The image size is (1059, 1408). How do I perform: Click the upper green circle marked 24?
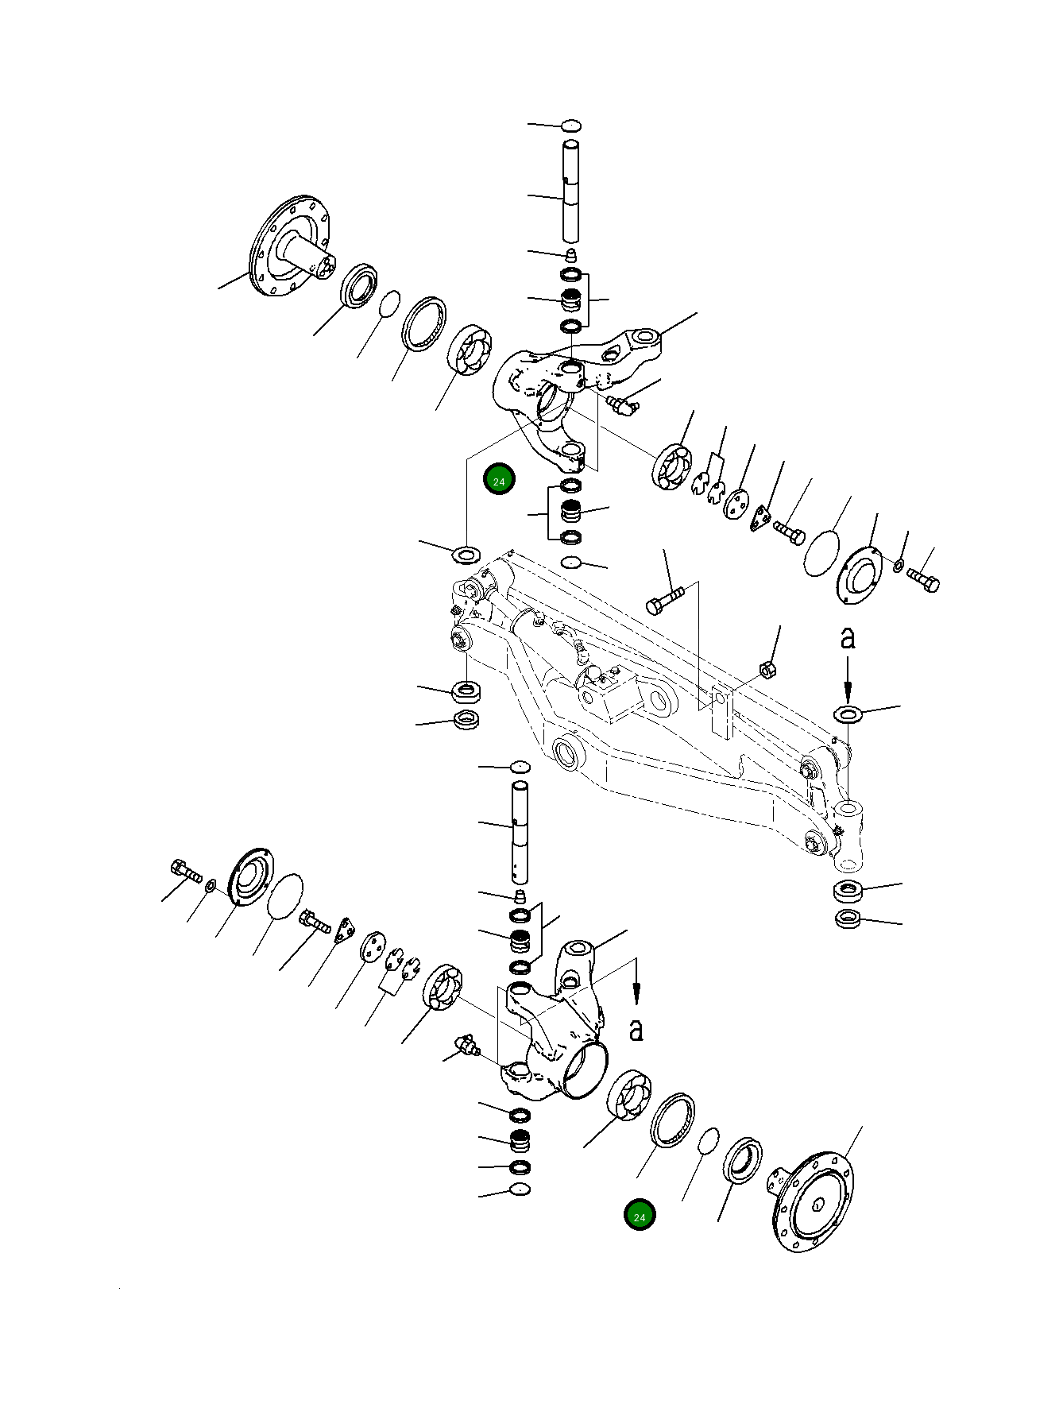pyautogui.click(x=499, y=479)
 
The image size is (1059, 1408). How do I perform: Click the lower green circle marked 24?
pyautogui.click(x=640, y=1215)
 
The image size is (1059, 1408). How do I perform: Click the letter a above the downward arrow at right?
pyautogui.click(x=848, y=637)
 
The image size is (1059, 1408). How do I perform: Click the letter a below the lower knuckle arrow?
pyautogui.click(x=636, y=1029)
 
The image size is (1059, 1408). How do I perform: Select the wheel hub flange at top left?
pyautogui.click(x=291, y=247)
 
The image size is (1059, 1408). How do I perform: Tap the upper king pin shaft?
pyautogui.click(x=571, y=191)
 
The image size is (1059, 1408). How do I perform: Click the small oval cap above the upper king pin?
pyautogui.click(x=571, y=126)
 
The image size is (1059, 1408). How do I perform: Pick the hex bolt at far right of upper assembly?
pyautogui.click(x=923, y=580)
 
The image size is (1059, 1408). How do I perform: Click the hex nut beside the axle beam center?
pyautogui.click(x=767, y=669)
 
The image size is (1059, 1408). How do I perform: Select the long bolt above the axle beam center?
pyautogui.click(x=664, y=601)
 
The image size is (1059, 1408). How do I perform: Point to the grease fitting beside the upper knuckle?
pyautogui.click(x=623, y=405)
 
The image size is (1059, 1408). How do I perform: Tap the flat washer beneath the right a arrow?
pyautogui.click(x=848, y=713)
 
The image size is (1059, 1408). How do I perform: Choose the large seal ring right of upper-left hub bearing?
pyautogui.click(x=423, y=323)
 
